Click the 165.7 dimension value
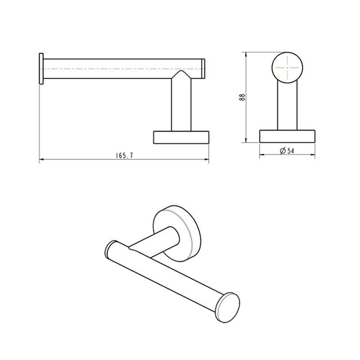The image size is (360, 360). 125,155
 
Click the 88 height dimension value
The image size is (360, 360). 242,97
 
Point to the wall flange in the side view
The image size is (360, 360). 181,137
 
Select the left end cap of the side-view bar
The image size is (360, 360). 41,69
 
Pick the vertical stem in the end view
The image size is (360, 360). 287,106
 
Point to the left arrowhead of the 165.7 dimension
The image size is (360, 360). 41,159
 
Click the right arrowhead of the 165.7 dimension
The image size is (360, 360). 207,159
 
